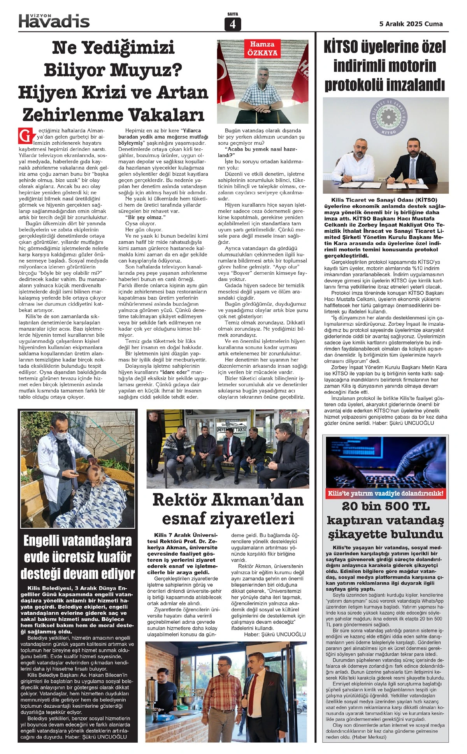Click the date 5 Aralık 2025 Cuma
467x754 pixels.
pos(411,24)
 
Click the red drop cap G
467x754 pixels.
pos(24,136)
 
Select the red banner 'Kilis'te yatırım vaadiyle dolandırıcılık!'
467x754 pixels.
pos(385,494)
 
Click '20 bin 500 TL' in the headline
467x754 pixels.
pos(385,506)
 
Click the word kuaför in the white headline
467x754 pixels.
pos(107,557)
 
